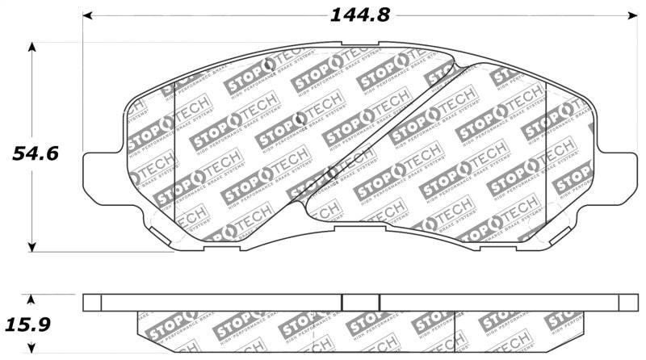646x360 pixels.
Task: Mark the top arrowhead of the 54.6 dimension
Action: click(32, 47)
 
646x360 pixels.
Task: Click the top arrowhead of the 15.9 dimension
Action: click(32, 298)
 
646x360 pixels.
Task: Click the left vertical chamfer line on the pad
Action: click(175, 153)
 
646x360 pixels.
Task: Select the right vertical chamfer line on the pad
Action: click(547, 153)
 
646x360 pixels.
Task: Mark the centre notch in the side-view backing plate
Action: click(361, 302)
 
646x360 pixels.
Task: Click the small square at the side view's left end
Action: click(93, 302)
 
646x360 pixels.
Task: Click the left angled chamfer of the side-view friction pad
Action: click(139, 331)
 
